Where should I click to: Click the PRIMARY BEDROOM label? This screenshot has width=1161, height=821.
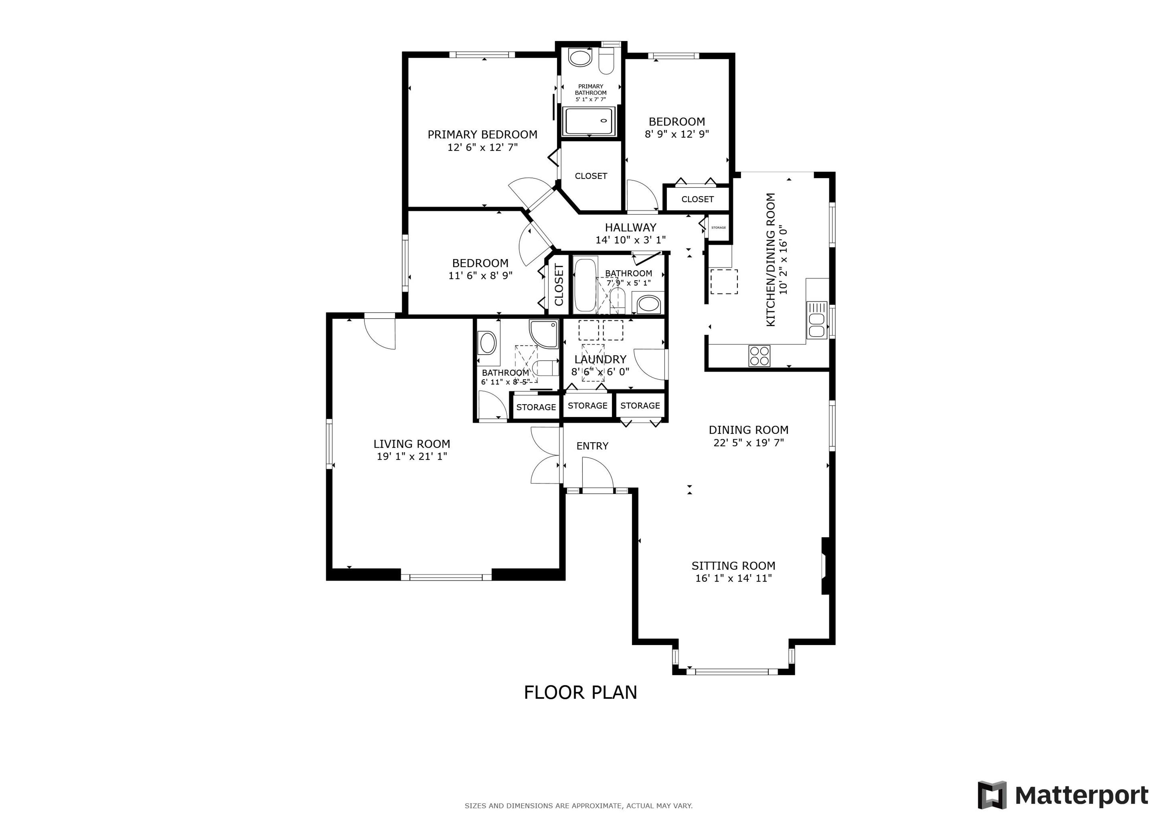tap(482, 135)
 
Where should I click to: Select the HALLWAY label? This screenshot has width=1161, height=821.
tap(631, 228)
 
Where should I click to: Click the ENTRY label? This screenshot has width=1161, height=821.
tap(592, 446)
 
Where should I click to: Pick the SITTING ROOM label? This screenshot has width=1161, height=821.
tap(733, 566)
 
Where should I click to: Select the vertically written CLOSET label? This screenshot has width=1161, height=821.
tap(559, 285)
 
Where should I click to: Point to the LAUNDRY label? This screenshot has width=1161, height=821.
tap(600, 359)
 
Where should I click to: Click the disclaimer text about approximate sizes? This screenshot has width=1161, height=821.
tap(578, 806)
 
